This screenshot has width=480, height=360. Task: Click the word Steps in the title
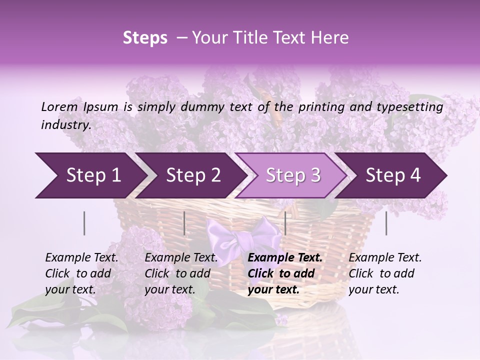pos(145,38)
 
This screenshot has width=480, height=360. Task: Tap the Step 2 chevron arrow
pos(193,175)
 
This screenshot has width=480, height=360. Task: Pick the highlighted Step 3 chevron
pos(293,175)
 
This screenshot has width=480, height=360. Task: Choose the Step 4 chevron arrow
pos(393,175)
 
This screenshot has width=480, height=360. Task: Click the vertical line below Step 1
pos(84,223)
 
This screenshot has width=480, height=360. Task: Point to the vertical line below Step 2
pos(184,223)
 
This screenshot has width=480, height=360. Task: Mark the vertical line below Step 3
pos(285,223)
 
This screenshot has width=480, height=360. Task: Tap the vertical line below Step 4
pos(386,223)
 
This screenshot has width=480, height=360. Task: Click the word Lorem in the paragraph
pos(59,106)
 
